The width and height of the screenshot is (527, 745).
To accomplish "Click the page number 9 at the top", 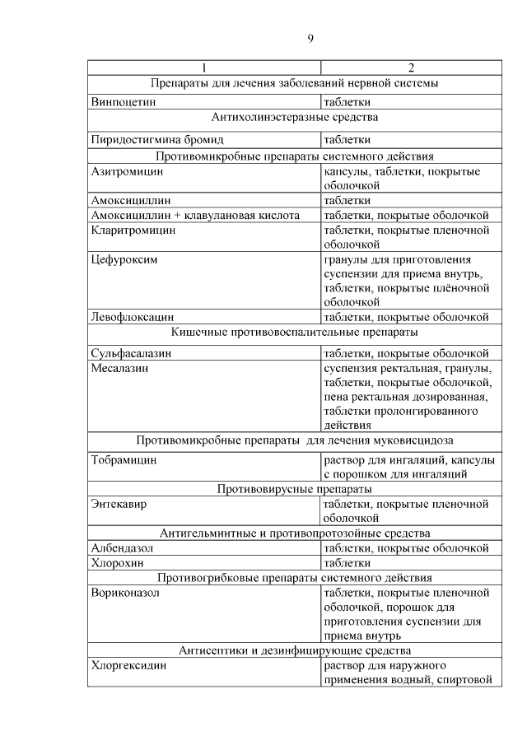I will [x=310, y=39].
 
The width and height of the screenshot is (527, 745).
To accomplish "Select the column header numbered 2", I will [x=411, y=67].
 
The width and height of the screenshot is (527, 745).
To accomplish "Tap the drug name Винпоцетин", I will [x=123, y=103].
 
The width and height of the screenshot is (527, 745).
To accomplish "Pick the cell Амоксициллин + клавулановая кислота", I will [x=194, y=216].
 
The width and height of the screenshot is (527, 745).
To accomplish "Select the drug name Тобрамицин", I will [x=124, y=459].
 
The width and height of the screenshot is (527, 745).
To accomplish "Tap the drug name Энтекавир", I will [x=120, y=504].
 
